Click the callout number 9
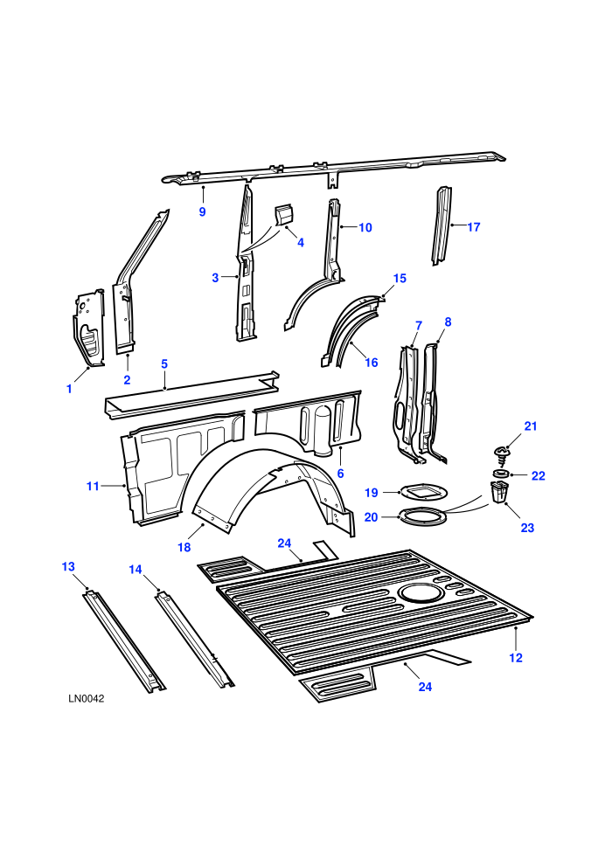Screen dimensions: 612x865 click(203, 211)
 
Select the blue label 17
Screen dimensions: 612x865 click(474, 226)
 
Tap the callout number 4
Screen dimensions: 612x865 click(300, 242)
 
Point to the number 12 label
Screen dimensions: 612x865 click(516, 658)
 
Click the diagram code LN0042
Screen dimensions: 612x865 click(86, 698)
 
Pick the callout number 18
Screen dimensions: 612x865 click(184, 547)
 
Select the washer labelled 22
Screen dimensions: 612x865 click(502, 474)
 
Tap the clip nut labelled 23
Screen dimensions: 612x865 click(498, 492)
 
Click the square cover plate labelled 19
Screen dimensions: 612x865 click(423, 490)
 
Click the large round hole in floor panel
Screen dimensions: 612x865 click(420, 592)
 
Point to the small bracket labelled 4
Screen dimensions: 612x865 click(284, 216)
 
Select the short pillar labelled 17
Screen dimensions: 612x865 click(442, 226)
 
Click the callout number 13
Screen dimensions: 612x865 click(68, 567)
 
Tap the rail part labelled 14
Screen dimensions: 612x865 click(195, 640)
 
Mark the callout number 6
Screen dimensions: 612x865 click(340, 474)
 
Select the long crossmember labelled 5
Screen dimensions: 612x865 click(191, 395)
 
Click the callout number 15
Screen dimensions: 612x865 click(400, 279)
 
